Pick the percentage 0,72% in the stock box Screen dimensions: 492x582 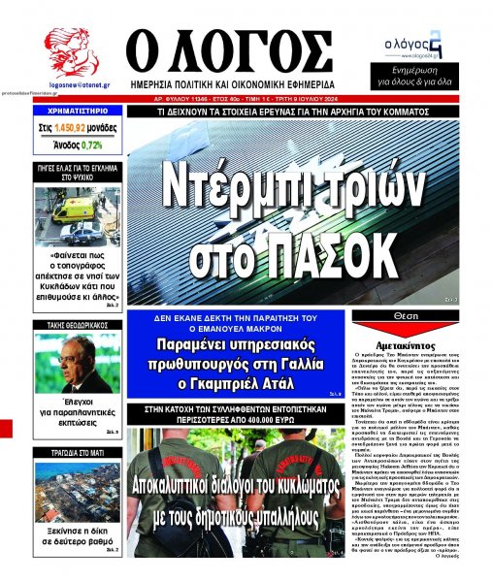[x=91, y=145]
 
